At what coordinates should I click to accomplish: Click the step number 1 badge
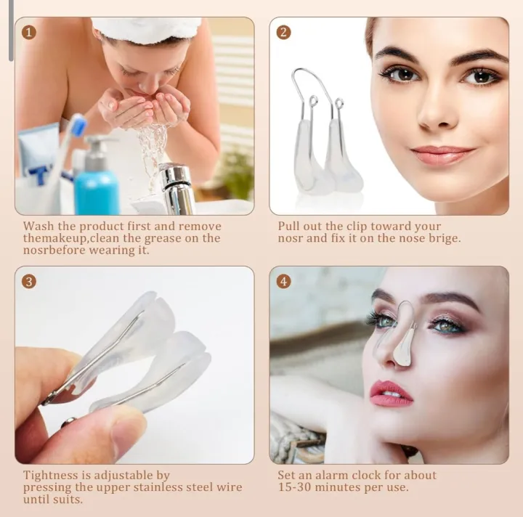click(28, 32)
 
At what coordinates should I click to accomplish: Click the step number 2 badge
click(283, 32)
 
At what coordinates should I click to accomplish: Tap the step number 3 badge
click(28, 281)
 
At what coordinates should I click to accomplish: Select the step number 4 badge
click(283, 281)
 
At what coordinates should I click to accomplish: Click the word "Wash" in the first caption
click(37, 227)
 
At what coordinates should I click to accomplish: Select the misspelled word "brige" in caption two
click(445, 238)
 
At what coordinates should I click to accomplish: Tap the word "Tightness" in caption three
click(50, 476)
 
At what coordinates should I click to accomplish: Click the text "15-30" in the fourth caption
click(294, 487)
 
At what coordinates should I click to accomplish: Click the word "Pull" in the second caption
click(289, 227)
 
